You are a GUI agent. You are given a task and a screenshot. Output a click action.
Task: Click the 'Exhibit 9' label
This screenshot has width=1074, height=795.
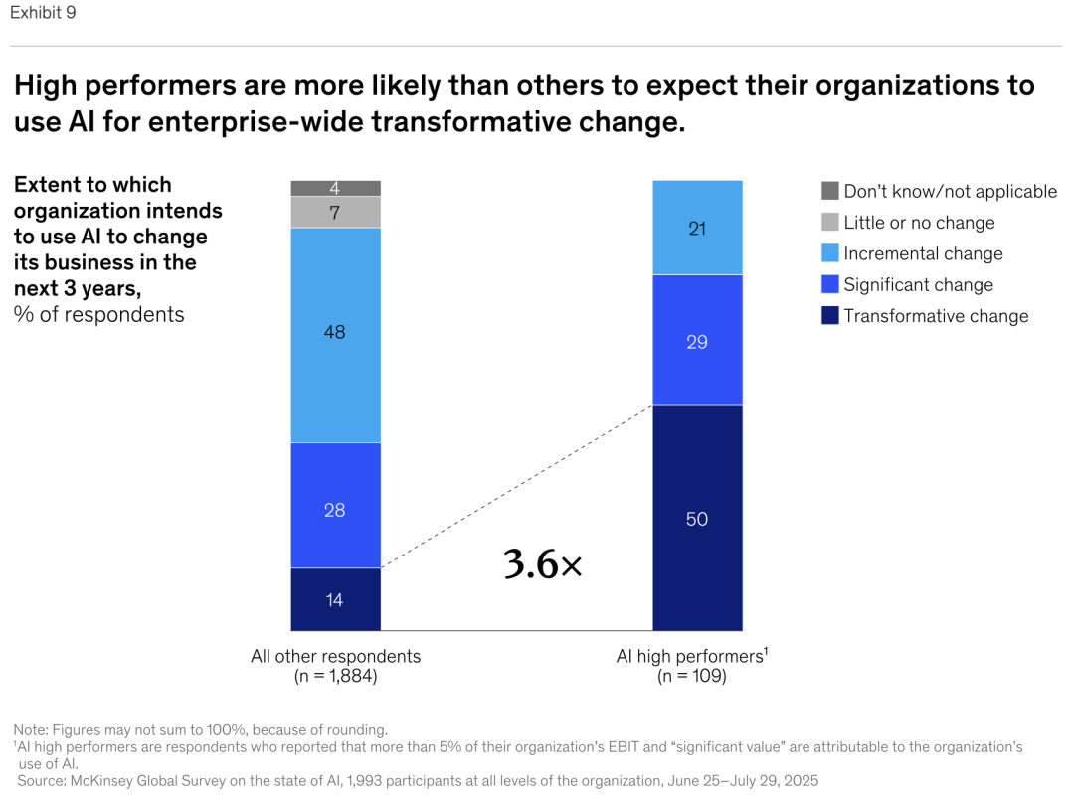pos(43,13)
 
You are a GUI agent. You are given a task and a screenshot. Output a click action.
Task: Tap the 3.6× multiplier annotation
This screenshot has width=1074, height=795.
pos(542,564)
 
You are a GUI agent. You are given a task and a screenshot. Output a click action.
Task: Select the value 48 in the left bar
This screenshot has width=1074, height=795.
pos(335,333)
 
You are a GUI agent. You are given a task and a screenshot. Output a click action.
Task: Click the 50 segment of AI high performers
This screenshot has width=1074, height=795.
pos(697,518)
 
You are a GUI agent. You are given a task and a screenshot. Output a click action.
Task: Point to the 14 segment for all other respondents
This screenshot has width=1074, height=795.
pos(335,599)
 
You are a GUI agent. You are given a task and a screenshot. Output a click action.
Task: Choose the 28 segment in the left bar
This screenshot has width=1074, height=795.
pos(335,509)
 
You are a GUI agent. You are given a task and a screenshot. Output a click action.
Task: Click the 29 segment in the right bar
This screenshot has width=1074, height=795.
pos(697,341)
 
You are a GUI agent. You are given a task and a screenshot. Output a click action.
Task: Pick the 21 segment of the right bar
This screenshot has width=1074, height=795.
pos(697,228)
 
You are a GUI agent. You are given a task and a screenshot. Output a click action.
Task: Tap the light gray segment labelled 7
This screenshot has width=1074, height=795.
pos(335,213)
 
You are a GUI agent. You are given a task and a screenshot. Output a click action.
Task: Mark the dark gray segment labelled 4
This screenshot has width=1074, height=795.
pos(335,188)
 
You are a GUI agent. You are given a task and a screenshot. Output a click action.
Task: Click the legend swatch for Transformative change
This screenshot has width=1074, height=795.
pos(830,316)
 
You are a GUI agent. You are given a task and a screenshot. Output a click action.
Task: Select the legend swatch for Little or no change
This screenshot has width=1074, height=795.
pos(830,222)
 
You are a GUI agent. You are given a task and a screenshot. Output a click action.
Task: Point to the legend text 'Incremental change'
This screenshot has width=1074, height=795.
pos(923,253)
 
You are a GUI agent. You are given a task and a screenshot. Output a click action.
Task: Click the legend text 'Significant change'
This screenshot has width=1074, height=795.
pos(918,285)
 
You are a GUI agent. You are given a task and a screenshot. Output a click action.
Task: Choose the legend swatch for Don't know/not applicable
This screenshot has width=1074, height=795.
pos(830,191)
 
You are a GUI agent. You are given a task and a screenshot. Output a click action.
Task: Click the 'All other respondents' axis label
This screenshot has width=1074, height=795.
pos(335,656)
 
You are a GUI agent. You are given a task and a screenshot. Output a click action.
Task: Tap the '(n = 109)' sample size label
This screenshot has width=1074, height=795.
pos(691,676)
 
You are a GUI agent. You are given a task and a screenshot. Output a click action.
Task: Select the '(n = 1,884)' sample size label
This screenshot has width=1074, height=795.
pos(335,676)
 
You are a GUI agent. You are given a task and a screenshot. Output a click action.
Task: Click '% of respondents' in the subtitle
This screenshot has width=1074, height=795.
pos(98,314)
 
